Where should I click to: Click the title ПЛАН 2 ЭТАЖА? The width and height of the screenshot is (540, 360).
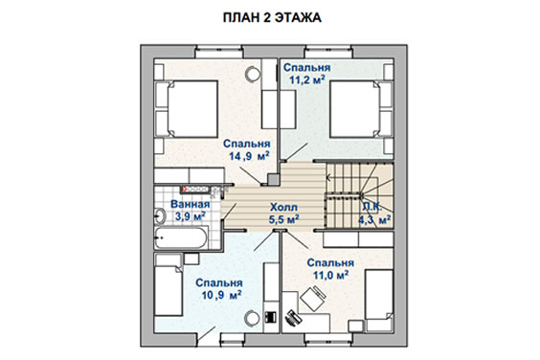tap(272, 17)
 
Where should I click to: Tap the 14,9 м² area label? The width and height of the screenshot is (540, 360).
tap(249, 156)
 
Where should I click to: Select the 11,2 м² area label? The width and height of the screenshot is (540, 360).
tap(307, 79)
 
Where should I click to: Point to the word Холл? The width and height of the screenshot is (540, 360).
tap(283, 208)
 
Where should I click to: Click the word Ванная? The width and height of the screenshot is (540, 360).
tap(191, 204)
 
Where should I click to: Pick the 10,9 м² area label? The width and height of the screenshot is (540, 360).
tap(221, 295)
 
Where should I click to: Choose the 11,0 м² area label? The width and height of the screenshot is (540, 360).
tap(330, 275)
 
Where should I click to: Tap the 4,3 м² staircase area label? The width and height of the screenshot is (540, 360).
tap(374, 219)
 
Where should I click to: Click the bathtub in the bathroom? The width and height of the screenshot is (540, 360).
tap(181, 237)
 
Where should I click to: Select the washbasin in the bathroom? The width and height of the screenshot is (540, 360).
tap(160, 216)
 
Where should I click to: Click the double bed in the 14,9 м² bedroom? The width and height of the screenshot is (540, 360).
tap(192, 109)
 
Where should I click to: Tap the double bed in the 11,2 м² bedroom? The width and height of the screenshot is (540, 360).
tap(355, 109)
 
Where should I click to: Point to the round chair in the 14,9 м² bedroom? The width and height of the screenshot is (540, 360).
tap(253, 75)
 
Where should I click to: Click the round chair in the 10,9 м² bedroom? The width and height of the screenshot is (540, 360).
tap(252, 318)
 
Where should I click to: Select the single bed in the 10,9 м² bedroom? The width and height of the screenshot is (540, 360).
tap(169, 285)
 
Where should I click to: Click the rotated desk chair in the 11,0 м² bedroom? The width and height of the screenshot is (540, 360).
tap(313, 299)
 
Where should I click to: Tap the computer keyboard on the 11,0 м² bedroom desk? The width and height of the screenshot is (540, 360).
tap(293, 318)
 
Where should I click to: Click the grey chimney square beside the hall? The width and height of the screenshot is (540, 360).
tap(273, 179)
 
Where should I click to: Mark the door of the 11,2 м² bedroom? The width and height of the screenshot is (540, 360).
tap(295, 152)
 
